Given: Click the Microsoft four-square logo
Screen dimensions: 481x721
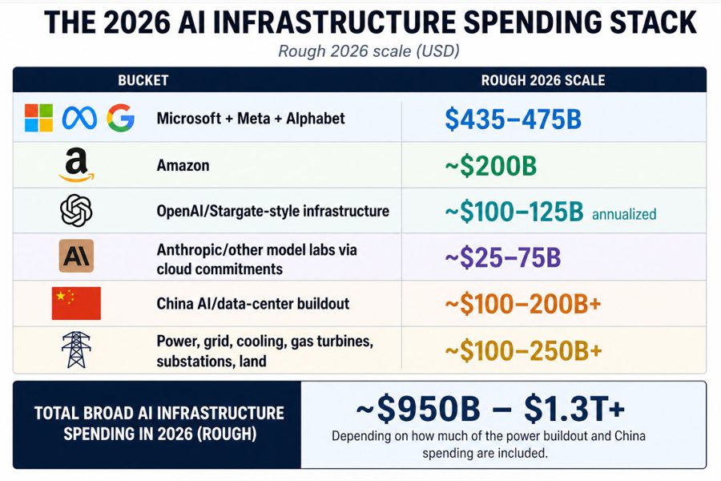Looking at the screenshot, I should [38, 118].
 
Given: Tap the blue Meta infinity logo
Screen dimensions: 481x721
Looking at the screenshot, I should [79, 119].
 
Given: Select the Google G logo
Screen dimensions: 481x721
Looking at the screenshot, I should [120, 118].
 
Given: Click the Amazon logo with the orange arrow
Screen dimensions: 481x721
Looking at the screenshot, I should [76, 166].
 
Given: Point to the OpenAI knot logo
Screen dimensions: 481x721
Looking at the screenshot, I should [76, 211].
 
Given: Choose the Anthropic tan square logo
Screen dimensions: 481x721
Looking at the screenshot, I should [76, 257].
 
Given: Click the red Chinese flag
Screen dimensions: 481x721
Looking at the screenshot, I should [76, 303].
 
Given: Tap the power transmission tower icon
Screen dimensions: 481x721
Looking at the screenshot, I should [76, 350].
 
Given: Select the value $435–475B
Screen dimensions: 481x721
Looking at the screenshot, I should [512, 119].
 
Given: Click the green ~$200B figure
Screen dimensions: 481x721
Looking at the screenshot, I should [490, 166].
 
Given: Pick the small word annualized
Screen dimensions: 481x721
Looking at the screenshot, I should [624, 214].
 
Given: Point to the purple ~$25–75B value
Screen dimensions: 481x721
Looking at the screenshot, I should [502, 258].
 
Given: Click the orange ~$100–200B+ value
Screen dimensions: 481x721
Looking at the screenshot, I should [522, 304].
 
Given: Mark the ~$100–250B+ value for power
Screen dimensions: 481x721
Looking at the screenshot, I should [522, 350].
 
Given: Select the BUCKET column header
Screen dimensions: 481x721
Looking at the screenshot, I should [143, 80].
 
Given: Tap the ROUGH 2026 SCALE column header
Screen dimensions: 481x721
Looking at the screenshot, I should [542, 80].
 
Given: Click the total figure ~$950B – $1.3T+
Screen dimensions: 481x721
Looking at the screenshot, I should [490, 409].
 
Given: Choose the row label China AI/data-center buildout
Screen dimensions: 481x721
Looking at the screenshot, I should [254, 304].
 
